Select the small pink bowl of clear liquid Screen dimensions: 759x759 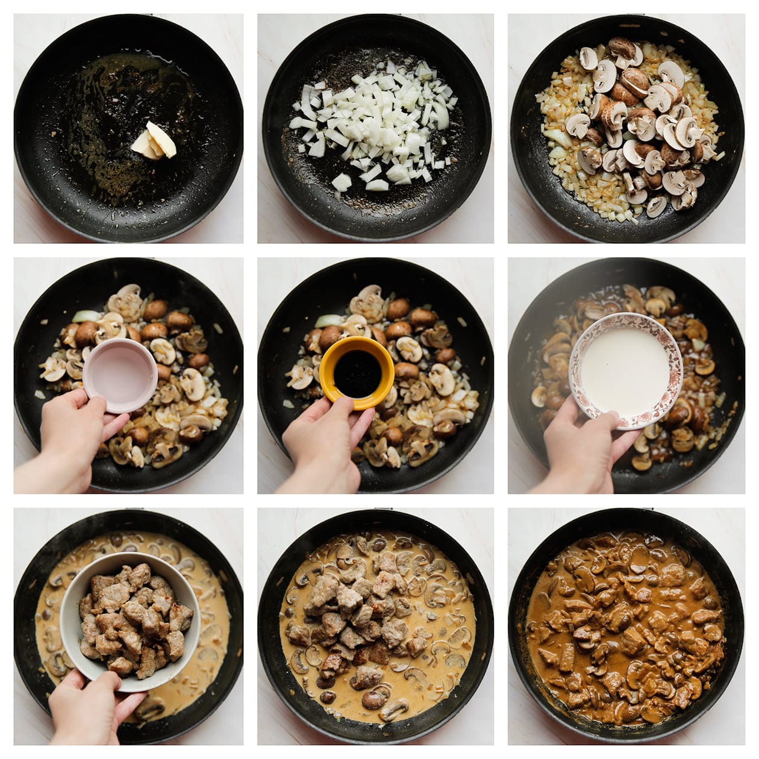pyautogui.click(x=120, y=374)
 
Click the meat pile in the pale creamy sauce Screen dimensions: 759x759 pyautogui.click(x=355, y=620)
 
